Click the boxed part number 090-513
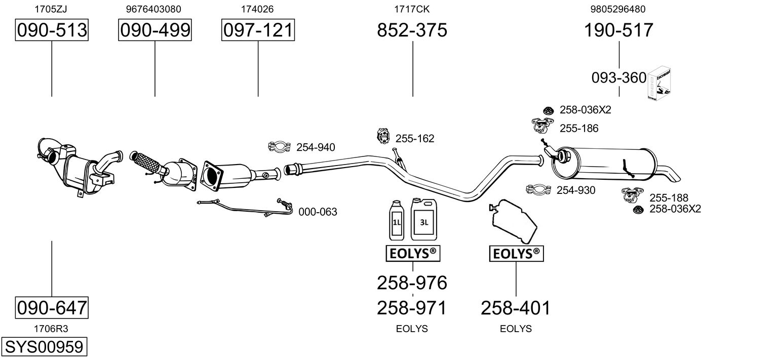52,30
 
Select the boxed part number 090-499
155,30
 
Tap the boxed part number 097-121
258,30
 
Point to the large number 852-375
412,30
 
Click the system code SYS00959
44,347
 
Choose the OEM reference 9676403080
153,9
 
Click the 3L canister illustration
424,219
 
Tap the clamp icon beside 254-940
279,147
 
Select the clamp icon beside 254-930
538,189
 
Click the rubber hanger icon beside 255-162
383,136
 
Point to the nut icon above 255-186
548,111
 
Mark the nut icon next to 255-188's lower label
638,210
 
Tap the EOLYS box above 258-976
413,254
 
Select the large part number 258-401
516,308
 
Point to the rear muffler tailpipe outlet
671,174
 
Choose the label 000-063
318,212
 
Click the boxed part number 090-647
52,308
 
